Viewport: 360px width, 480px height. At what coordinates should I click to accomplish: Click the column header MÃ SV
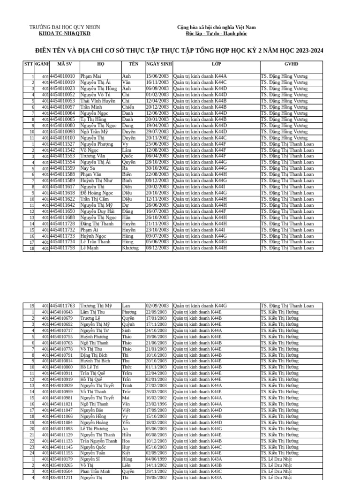click(x=64, y=64)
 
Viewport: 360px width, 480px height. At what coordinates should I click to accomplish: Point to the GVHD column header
click(x=291, y=64)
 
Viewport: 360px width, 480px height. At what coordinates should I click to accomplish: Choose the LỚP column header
click(x=216, y=64)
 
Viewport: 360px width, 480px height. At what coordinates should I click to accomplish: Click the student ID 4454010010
click(x=62, y=76)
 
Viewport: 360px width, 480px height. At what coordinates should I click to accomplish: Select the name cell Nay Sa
click(x=88, y=168)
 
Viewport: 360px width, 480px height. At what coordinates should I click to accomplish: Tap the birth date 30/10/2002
click(x=157, y=168)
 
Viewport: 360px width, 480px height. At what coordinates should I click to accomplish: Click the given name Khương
click(x=130, y=248)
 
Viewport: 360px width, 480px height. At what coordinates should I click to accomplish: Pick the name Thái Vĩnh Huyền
click(x=98, y=101)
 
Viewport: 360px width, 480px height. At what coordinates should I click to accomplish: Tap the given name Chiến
click(x=128, y=107)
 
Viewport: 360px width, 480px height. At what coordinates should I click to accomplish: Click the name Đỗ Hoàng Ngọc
click(x=97, y=193)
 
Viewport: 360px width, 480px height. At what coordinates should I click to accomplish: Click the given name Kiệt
click(x=127, y=453)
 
